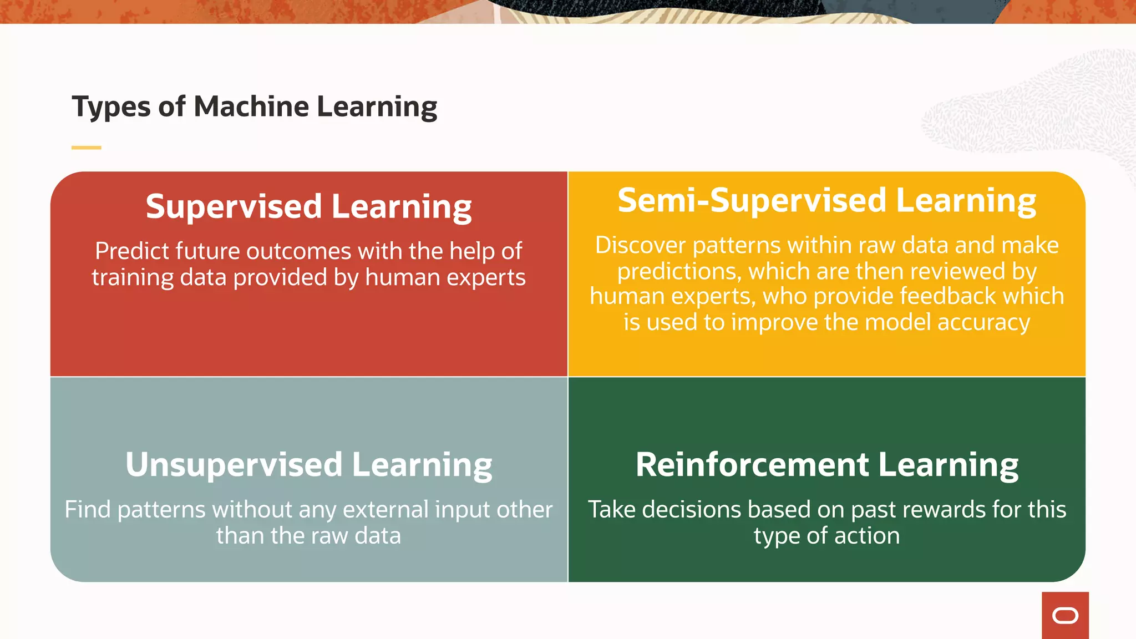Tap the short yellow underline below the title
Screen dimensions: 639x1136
point(86,148)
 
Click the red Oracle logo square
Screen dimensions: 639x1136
point(1065,615)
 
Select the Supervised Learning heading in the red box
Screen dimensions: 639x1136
point(308,206)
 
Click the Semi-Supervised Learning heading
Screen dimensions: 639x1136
point(826,200)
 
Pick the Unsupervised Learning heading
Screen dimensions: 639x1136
point(308,464)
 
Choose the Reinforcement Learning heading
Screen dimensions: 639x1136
point(826,464)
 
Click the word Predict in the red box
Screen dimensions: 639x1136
point(131,251)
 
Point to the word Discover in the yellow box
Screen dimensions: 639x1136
point(641,245)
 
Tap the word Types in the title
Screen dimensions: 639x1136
point(111,107)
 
